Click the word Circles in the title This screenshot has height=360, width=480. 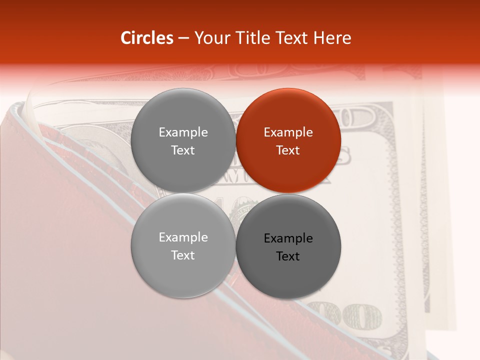pyautogui.click(x=146, y=38)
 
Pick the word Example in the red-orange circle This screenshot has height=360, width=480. pyautogui.click(x=288, y=132)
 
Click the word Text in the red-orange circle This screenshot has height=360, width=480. pyautogui.click(x=288, y=150)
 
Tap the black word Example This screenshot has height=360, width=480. pyautogui.click(x=288, y=238)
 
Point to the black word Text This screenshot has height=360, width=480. pyautogui.click(x=288, y=256)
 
